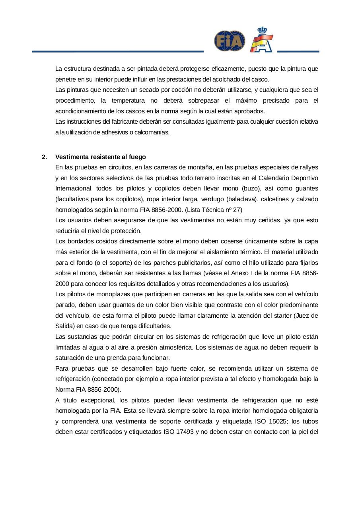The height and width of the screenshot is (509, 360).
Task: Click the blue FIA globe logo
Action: [230, 41]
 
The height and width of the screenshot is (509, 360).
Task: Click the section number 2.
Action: [44, 157]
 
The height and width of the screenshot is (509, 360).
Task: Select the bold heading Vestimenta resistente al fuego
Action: [101, 157]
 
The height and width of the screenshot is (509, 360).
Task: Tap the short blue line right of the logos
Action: [298, 51]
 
